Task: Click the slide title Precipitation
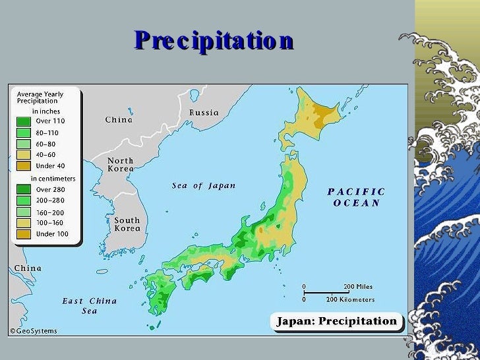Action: pos(213,41)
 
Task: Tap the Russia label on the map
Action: pos(204,113)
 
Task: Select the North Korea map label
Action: pos(121,165)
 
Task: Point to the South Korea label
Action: pos(127,225)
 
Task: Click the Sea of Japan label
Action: pos(204,186)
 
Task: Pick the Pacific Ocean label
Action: pos(357,197)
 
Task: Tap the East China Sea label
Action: pos(90,305)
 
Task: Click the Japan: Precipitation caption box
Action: pos(336,322)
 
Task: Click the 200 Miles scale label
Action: pos(359,287)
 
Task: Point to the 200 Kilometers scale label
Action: pos(350,299)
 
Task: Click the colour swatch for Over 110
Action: pos(24,121)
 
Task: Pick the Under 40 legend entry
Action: pos(50,166)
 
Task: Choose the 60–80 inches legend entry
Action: pos(45,144)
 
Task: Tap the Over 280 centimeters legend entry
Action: pos(50,190)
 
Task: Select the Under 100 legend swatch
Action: pos(24,234)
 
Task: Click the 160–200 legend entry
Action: pos(50,212)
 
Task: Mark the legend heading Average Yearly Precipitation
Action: pos(40,98)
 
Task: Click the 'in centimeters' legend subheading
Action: pos(53,179)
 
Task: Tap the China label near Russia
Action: pos(119,120)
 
